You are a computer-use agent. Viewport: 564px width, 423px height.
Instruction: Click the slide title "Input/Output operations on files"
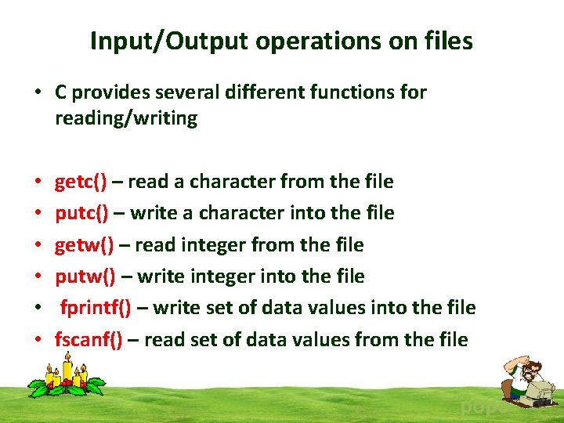pyautogui.click(x=281, y=41)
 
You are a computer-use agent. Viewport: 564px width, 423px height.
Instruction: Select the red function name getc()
pyautogui.click(x=81, y=182)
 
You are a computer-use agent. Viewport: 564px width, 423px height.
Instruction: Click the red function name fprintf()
pyautogui.click(x=96, y=308)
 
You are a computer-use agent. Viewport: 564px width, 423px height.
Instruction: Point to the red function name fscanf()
pyautogui.click(x=89, y=340)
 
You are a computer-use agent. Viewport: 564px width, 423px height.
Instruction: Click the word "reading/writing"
pyautogui.click(x=125, y=118)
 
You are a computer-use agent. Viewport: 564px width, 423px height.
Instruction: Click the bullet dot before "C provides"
pyautogui.click(x=37, y=93)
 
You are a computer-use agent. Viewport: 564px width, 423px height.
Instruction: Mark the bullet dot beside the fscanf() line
pyautogui.click(x=37, y=341)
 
